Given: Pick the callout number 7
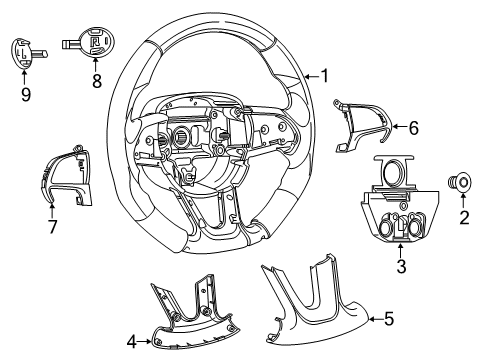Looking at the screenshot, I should [52, 226].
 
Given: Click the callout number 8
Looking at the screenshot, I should [98, 83].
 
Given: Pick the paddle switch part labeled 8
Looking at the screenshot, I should [95, 45].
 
